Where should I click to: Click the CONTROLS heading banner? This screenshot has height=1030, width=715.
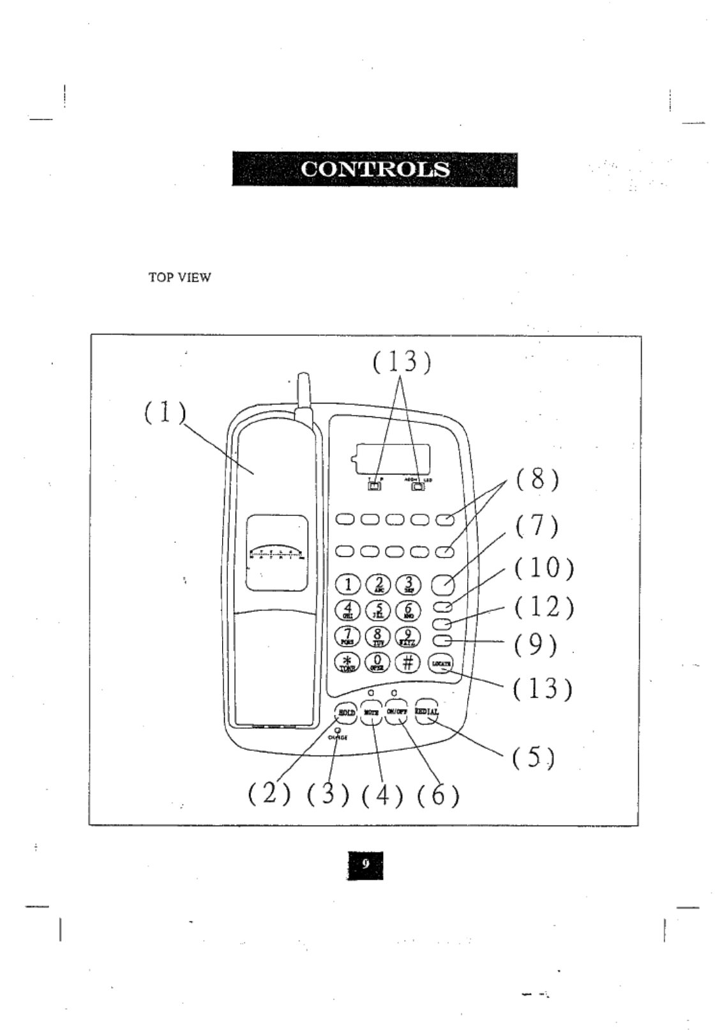pyautogui.click(x=375, y=169)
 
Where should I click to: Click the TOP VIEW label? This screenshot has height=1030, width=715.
pyautogui.click(x=179, y=278)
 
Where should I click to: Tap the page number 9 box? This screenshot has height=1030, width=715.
pyautogui.click(x=365, y=865)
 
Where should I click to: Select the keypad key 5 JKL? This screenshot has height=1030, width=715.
pyautogui.click(x=378, y=610)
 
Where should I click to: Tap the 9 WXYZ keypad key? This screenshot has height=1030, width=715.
pyautogui.click(x=407, y=637)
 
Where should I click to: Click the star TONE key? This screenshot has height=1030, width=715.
pyautogui.click(x=348, y=662)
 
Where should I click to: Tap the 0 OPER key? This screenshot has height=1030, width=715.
pyautogui.click(x=378, y=662)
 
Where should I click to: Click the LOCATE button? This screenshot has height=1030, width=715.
pyautogui.click(x=440, y=663)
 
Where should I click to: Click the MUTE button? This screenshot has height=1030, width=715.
pyautogui.click(x=371, y=713)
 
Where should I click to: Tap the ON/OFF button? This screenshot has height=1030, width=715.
pyautogui.click(x=396, y=712)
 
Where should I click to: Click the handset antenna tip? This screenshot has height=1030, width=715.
pyautogui.click(x=302, y=377)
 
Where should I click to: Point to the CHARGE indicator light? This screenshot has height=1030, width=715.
pyautogui.click(x=337, y=731)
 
